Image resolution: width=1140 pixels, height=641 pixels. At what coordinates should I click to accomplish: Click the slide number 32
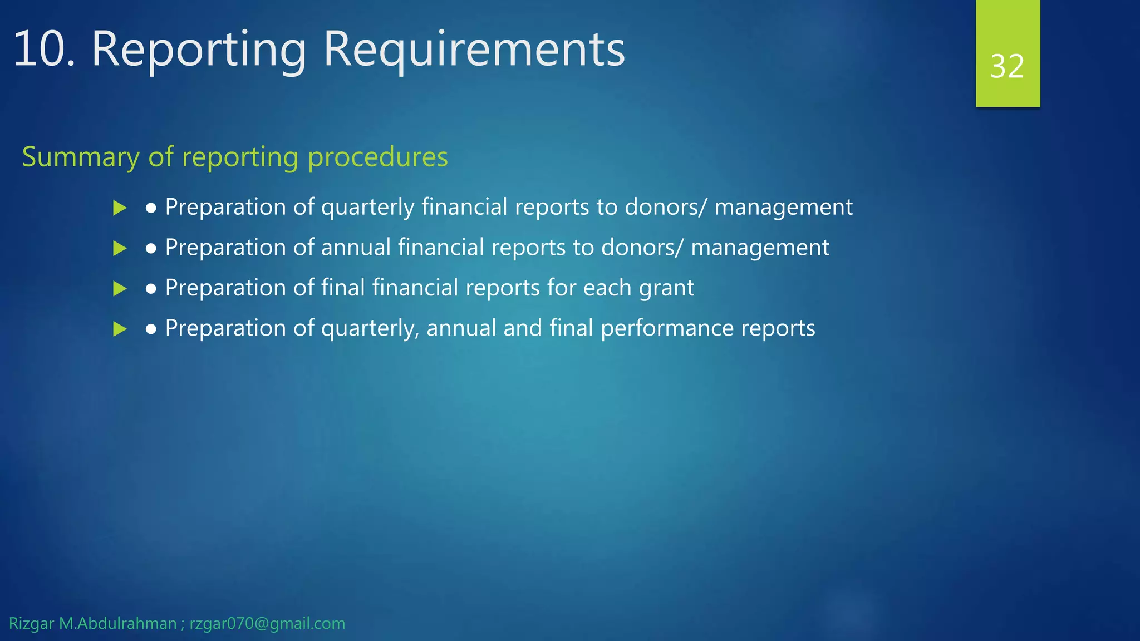[1007, 67]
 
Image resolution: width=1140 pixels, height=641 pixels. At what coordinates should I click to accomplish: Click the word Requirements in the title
[474, 50]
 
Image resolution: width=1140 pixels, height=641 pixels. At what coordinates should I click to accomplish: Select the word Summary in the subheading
[81, 157]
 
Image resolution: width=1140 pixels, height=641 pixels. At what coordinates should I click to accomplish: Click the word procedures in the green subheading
[377, 157]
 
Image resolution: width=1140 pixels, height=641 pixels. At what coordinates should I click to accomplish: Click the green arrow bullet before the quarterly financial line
[120, 208]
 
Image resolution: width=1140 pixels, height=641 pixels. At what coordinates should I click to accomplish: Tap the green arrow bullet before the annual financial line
[120, 248]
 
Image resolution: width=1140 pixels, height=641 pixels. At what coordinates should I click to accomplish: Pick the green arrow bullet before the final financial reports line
[120, 289]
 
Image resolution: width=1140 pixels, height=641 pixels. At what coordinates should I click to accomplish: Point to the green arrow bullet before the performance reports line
[120, 329]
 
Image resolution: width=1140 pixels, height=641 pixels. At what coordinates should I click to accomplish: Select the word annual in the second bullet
[356, 248]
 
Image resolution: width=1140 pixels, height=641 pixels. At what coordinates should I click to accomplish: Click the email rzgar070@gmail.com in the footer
[267, 624]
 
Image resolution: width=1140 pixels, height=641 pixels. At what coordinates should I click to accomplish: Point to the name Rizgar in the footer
[31, 624]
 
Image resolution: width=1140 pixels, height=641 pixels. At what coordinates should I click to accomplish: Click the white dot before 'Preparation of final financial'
[151, 289]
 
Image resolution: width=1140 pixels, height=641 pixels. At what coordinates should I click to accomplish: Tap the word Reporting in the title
[199, 50]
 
